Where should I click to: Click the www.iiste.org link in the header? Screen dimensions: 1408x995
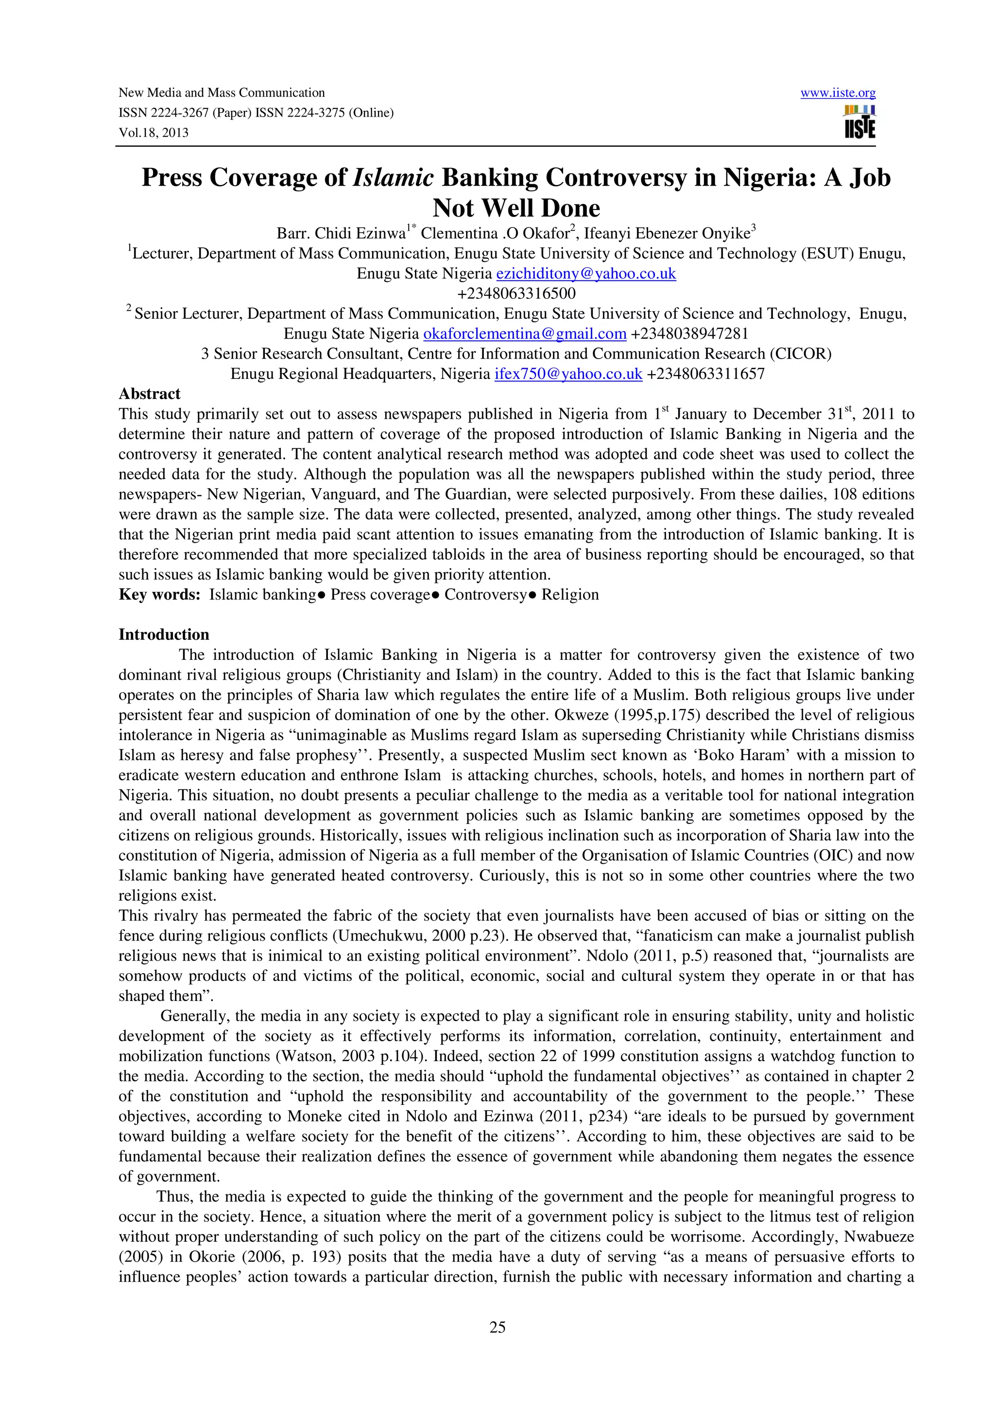tap(838, 93)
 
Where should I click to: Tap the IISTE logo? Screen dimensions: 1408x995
tap(859, 122)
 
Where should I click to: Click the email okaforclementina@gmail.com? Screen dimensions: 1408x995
tap(524, 334)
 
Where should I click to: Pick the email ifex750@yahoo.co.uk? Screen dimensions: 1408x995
tap(567, 374)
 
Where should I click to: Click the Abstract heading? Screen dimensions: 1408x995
tap(149, 394)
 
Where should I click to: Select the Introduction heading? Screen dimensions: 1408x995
tap(164, 635)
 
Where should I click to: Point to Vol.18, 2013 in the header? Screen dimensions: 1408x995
tap(153, 133)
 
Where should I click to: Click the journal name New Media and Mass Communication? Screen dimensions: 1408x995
tap(222, 93)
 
